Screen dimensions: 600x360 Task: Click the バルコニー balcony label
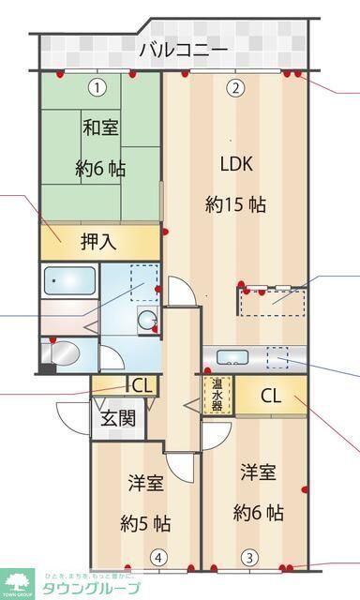[x=183, y=50]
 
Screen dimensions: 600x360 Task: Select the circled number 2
[x=235, y=88]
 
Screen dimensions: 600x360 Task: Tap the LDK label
[x=236, y=163]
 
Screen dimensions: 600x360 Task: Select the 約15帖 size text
[x=236, y=202]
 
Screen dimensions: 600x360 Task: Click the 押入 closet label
[x=98, y=242]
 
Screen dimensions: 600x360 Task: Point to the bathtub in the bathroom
[x=68, y=281]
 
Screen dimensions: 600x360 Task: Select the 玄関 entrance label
[x=117, y=418]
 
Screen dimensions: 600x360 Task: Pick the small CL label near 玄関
[x=142, y=384]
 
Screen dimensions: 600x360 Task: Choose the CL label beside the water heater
[x=270, y=396]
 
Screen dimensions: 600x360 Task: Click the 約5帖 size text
[x=145, y=522]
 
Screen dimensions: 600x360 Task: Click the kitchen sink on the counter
[x=231, y=357]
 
